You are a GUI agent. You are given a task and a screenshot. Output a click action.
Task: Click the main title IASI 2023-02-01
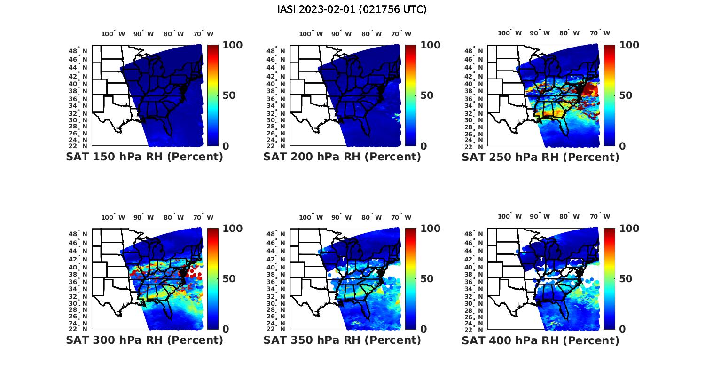point(352,9)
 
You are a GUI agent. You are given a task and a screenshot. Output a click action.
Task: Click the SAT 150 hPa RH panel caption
point(145,157)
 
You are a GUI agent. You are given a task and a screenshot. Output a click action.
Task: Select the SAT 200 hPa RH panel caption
point(342,157)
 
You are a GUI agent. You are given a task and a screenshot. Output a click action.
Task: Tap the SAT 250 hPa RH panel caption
point(540,157)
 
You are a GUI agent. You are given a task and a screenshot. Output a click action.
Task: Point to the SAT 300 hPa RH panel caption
point(145,340)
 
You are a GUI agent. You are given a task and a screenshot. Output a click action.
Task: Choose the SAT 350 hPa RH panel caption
point(342,340)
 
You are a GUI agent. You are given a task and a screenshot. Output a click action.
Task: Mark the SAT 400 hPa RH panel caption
point(540,340)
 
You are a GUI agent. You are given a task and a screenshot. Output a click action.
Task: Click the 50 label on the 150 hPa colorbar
point(228,95)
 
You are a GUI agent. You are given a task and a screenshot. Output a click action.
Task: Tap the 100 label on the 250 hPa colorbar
point(629,45)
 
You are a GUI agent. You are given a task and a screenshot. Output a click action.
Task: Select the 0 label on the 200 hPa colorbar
point(423,146)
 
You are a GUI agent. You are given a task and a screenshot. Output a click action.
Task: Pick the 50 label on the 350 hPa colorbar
point(426,279)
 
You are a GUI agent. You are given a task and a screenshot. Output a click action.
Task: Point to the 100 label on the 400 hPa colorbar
point(629,229)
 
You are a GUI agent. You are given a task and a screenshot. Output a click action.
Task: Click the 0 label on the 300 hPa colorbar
point(226,329)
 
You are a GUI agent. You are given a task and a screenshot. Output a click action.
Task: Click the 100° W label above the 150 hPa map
point(113,34)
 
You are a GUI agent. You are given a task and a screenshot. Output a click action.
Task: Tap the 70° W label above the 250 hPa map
point(600,33)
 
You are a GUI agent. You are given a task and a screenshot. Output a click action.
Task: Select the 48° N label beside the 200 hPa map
point(276,51)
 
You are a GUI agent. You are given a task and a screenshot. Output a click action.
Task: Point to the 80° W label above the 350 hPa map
point(372,217)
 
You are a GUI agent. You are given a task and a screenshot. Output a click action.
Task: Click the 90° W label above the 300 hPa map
point(143,217)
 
